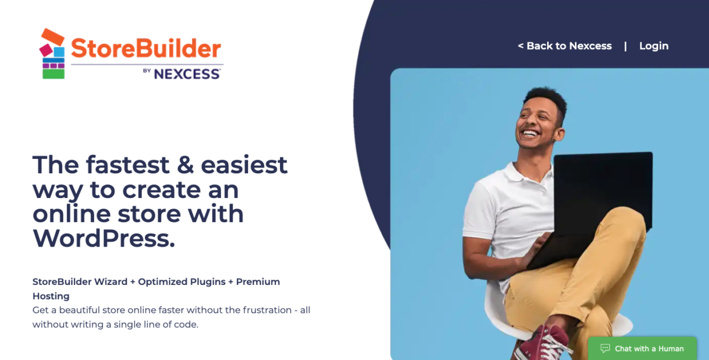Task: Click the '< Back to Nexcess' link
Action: (x=565, y=46)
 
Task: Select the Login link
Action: (x=653, y=46)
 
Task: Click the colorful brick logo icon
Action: (x=53, y=54)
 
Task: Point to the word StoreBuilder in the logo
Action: (x=146, y=48)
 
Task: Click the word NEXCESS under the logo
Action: (x=187, y=74)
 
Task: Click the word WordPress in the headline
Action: (x=103, y=238)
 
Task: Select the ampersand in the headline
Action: (x=186, y=164)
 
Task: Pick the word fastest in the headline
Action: (x=128, y=164)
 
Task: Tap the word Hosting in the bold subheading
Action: (x=51, y=296)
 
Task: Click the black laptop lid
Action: (x=603, y=189)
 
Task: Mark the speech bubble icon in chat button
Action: (x=605, y=348)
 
